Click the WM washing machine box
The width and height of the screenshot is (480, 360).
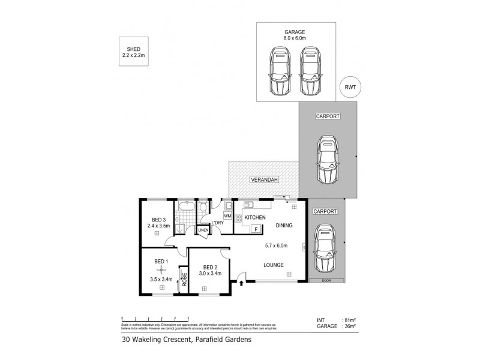coord(227,215)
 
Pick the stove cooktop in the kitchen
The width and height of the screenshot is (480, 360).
coord(238,219)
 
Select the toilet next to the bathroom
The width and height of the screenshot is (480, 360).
coord(203,208)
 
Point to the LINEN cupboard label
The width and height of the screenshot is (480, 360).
coord(203,229)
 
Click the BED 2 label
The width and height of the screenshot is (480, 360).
coord(210,267)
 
